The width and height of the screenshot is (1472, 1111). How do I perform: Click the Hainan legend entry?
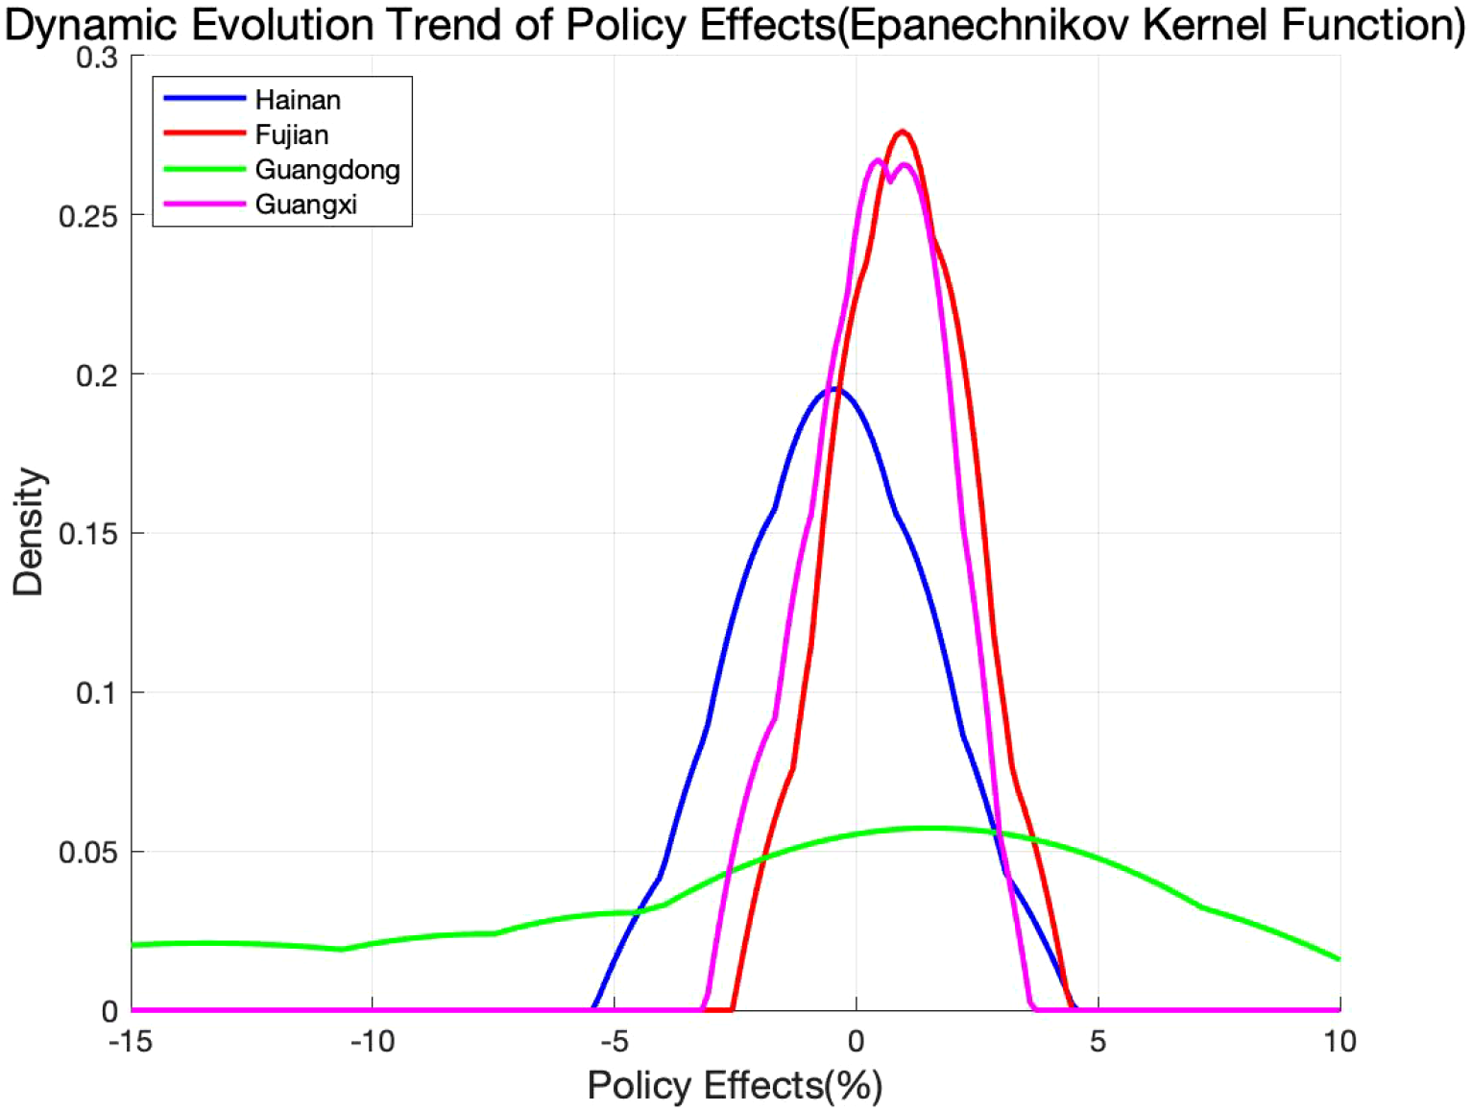(298, 100)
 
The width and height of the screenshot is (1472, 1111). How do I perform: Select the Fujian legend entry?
(292, 134)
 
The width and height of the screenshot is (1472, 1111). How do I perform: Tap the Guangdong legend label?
(327, 170)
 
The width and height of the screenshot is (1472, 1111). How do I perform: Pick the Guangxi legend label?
(306, 205)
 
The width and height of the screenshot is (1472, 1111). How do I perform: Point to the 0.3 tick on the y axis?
(96, 58)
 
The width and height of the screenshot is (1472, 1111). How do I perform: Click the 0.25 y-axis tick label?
(87, 216)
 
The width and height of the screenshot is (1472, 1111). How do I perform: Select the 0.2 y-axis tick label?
(96, 375)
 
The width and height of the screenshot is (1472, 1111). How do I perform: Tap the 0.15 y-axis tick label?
(87, 534)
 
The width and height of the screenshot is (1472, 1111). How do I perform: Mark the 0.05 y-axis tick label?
(87, 853)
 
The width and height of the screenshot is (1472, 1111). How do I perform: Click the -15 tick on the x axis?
(131, 1041)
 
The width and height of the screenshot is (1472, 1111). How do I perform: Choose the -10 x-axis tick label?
(373, 1041)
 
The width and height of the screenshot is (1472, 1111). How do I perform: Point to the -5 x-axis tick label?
(615, 1041)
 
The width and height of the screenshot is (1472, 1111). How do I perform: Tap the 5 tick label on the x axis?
(1098, 1041)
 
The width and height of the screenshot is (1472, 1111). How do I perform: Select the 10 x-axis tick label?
(1339, 1041)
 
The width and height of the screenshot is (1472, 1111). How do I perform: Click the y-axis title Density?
(29, 532)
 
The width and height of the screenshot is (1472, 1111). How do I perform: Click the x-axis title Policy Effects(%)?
(735, 1086)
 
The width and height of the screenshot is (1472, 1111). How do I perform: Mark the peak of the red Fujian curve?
(903, 132)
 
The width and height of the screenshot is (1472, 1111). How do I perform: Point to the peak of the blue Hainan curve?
(834, 388)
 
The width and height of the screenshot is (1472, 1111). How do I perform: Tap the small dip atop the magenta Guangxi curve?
(889, 180)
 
